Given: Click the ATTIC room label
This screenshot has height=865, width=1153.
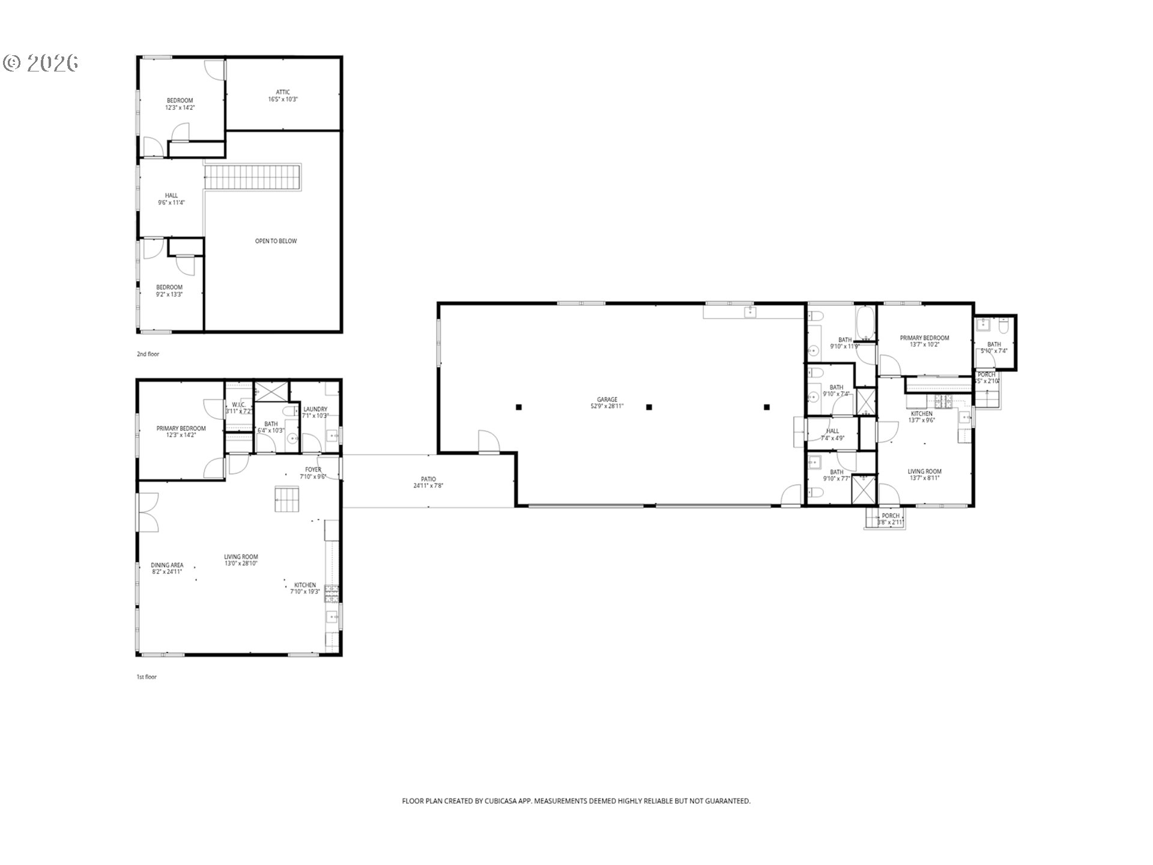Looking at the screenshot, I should (x=283, y=96).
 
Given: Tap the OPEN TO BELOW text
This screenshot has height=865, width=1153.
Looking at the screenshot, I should (x=276, y=241).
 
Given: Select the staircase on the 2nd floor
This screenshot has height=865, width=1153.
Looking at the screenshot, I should (x=252, y=178).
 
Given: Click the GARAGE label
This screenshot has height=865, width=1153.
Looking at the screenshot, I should (x=607, y=402).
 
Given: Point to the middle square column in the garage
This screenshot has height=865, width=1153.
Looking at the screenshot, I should (x=649, y=407).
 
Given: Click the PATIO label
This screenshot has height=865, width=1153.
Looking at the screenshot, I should (x=428, y=482).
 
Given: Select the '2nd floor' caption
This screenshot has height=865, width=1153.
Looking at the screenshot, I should (x=148, y=354).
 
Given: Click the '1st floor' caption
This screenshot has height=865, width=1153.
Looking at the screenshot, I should (x=147, y=677).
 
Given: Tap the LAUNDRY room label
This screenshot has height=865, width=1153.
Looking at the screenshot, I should (x=315, y=412).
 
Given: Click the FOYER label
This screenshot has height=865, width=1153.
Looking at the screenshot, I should (x=313, y=473).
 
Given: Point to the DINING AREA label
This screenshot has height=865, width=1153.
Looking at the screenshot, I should (x=167, y=568).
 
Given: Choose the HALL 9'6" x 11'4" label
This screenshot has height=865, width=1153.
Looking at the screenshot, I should (x=171, y=199).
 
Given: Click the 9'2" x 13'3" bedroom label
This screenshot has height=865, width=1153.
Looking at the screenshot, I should (x=169, y=291).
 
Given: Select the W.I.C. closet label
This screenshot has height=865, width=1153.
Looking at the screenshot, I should (x=238, y=407).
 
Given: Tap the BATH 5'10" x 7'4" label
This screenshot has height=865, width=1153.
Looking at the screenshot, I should (x=994, y=347).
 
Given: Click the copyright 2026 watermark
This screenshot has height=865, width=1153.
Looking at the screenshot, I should (x=41, y=63).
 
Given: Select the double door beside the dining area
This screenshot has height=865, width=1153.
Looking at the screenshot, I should (x=148, y=512).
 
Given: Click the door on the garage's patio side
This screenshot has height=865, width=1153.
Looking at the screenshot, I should (x=488, y=441).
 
